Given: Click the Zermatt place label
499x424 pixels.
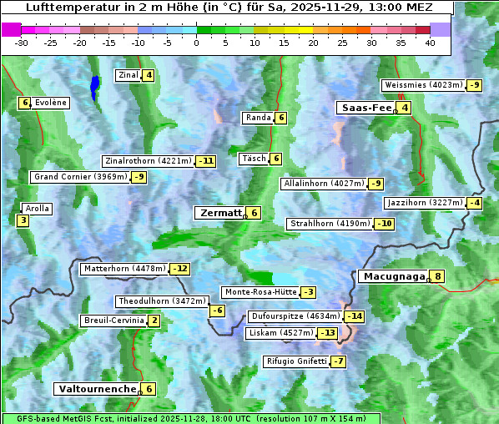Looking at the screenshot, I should (219, 213).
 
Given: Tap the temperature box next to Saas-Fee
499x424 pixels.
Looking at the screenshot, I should (405, 108).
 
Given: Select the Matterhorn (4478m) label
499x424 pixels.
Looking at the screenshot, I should (124, 269).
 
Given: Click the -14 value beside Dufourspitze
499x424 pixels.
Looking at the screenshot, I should (355, 316).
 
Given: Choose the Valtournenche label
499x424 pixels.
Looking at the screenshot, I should (96, 389).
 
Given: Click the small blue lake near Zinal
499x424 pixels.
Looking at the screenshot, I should (94, 86).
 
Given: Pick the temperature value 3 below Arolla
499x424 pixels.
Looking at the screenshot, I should (23, 220).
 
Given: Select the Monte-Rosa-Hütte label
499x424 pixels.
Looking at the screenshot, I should (260, 292).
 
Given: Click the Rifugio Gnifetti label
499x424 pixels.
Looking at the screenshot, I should (295, 361).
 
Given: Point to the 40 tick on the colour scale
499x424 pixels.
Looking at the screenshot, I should (429, 43).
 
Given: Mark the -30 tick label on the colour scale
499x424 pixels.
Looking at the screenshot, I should (23, 43).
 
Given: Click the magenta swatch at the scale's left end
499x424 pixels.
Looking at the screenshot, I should (12, 29).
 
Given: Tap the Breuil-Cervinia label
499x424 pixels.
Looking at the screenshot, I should (113, 321).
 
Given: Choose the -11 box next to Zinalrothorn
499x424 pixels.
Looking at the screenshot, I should (205, 161).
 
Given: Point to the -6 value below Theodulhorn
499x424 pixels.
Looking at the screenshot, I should (216, 310).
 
